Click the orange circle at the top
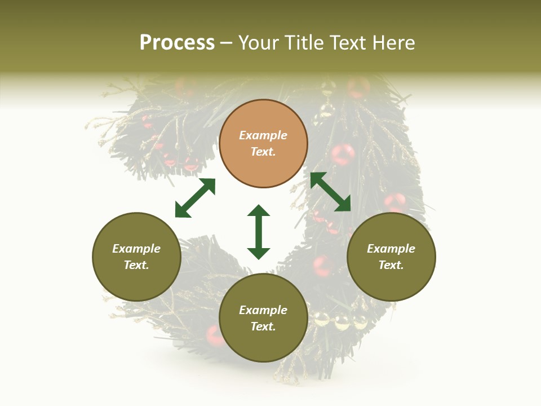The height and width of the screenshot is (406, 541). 263,144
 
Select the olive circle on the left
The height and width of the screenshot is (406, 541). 136,257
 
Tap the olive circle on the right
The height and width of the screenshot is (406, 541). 391,257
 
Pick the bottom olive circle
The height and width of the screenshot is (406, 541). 263,318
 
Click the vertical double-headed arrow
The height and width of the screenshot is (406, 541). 259,232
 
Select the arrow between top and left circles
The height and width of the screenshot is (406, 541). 195,198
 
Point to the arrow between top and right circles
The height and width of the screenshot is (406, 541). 330,192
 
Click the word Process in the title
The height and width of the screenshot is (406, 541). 177,43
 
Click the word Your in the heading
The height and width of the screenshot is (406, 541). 259,43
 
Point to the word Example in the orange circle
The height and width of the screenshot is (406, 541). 263,135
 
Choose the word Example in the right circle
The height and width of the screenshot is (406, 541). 391,249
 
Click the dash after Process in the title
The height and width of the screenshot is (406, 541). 227,43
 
